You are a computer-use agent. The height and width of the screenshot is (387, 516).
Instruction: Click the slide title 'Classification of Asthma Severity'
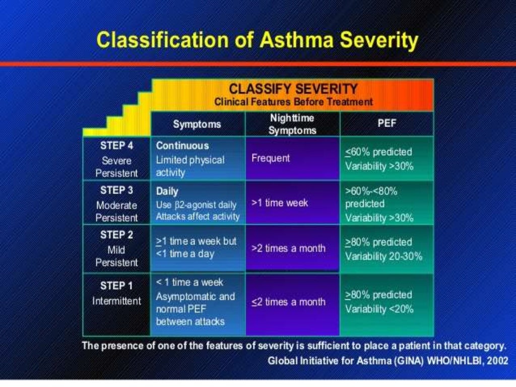tap(257, 40)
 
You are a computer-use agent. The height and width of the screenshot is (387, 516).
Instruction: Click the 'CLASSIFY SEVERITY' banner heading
tap(293, 89)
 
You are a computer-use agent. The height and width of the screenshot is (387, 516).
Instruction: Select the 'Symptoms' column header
tap(197, 124)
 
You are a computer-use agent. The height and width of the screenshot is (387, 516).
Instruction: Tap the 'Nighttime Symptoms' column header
tap(292, 124)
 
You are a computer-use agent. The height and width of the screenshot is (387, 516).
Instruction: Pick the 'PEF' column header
tap(386, 123)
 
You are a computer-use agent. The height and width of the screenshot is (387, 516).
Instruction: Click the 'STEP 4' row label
tap(116, 146)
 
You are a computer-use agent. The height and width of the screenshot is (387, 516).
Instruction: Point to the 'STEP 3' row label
tap(116, 190)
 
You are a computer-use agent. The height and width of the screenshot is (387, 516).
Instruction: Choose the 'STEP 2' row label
tap(116, 235)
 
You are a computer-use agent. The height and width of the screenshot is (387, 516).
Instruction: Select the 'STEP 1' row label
tap(116, 286)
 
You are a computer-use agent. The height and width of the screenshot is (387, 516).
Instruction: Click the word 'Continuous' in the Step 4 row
tap(182, 146)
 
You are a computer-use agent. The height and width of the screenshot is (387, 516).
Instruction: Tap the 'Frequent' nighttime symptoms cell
tap(271, 158)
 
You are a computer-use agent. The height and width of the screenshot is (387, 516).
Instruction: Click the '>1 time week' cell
tap(279, 203)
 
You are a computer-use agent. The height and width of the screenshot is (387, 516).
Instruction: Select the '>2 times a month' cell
tap(288, 248)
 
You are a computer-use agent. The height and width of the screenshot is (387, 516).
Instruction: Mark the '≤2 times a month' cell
tap(288, 302)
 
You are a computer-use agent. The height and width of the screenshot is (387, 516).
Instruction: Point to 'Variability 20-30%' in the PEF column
tap(383, 256)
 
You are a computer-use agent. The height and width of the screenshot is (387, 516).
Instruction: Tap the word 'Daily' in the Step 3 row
tap(167, 192)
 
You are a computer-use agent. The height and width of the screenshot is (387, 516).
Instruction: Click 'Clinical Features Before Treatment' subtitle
tap(293, 102)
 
